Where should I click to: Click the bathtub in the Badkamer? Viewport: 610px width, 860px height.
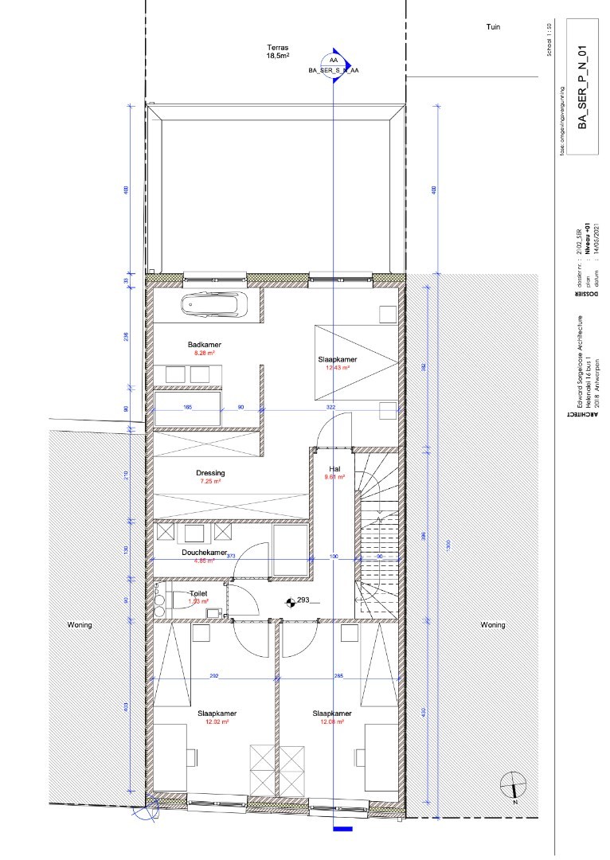pos(214,305)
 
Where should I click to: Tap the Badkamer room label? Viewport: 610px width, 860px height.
pos(205,345)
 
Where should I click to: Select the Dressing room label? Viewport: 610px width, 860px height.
pos(211,472)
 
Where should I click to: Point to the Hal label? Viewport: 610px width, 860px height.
pos(330,468)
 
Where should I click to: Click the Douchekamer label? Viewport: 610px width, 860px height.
pos(205,552)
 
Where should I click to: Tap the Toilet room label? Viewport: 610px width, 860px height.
pos(199,594)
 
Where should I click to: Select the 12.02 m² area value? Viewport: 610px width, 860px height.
pos(217,722)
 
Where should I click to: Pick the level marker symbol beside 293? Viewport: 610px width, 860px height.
pos(290,602)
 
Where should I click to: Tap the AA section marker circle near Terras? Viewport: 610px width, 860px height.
pos(332,61)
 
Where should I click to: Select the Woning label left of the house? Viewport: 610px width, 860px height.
pos(80,625)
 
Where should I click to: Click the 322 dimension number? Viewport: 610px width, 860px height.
pos(331,407)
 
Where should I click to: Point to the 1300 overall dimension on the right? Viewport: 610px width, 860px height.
pos(449,544)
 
